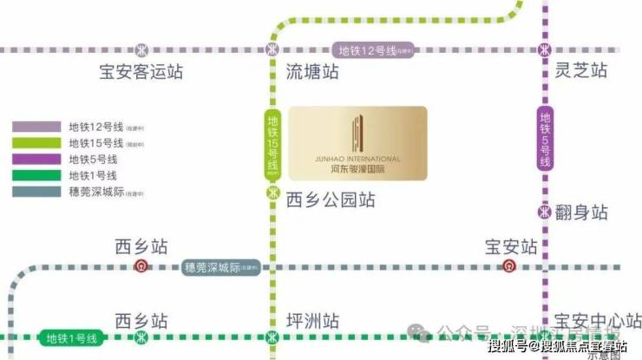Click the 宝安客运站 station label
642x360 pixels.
coord(141,73)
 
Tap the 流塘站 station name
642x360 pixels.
coord(312,73)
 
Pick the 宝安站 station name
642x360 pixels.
coord(511,246)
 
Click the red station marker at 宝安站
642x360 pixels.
coord(510,266)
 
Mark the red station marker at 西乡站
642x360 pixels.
coord(141,266)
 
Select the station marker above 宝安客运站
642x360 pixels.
coord(141,49)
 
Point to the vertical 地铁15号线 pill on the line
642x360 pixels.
coord(272,143)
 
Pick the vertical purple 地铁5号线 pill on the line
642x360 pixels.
coord(546,139)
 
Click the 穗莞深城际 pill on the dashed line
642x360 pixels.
coord(222,267)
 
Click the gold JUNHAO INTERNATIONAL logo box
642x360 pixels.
coord(357,144)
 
